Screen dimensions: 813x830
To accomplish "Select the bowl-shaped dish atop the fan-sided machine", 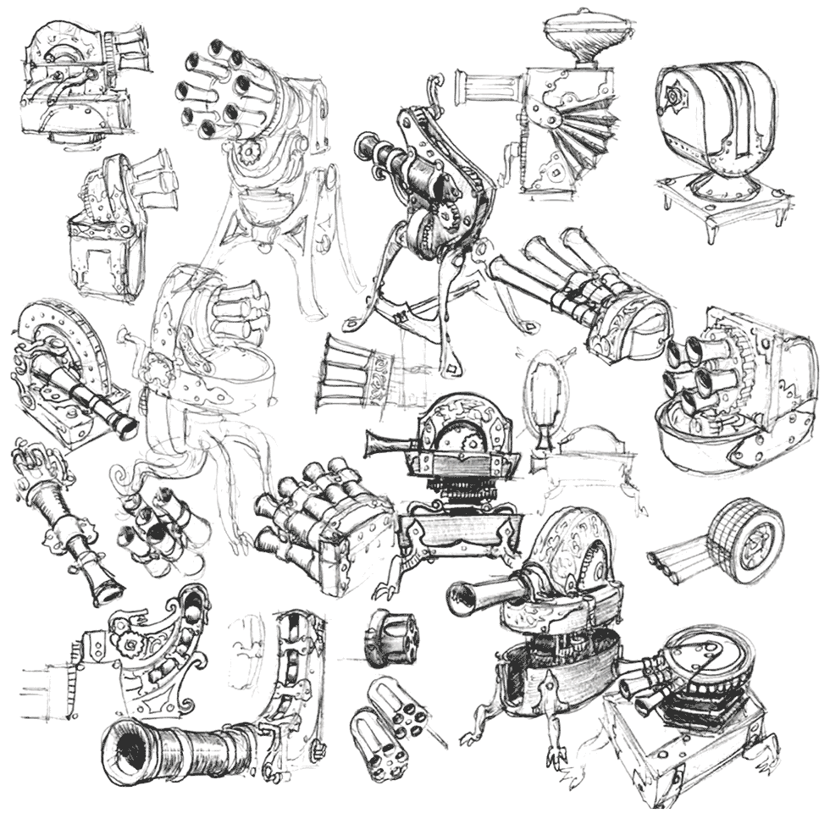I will (x=578, y=34).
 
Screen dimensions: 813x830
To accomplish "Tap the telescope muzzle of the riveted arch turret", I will (x=122, y=423).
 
